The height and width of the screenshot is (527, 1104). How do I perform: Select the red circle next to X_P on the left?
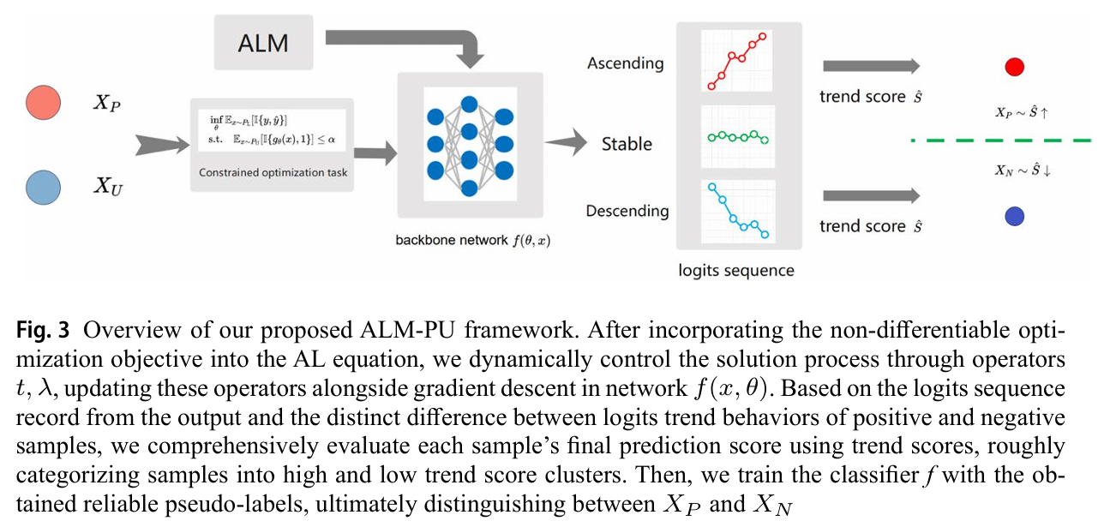tap(43, 103)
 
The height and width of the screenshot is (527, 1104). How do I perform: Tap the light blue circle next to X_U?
tap(43, 188)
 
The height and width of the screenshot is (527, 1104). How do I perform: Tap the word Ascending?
tap(626, 63)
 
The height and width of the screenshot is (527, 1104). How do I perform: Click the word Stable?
tap(627, 144)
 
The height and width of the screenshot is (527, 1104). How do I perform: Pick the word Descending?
tap(627, 211)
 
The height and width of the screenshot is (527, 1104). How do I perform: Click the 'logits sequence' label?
tap(736, 271)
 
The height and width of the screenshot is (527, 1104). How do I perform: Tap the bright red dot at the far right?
tap(1015, 67)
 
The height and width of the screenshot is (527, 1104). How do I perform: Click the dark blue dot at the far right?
tap(1015, 217)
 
